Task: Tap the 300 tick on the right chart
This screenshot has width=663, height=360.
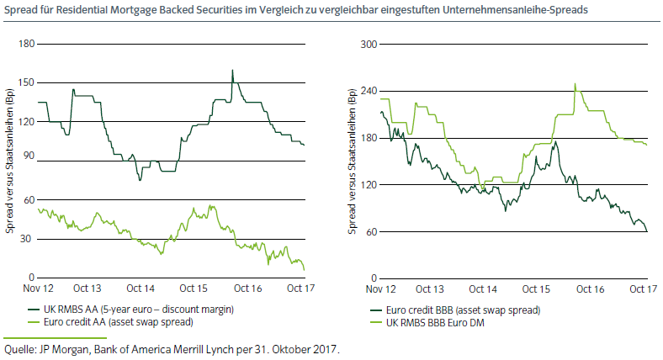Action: pos(367,44)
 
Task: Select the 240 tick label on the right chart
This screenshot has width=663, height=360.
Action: pos(367,91)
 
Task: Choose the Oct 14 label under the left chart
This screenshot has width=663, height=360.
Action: pos(140,289)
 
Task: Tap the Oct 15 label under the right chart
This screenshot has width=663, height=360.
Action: pos(525,289)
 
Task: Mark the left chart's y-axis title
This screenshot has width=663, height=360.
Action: pos(10,160)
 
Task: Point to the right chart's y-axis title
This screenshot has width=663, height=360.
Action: pos(353,160)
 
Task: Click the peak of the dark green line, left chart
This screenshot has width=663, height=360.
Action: pos(232,71)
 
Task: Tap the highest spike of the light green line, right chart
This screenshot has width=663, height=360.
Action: pos(575,84)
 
